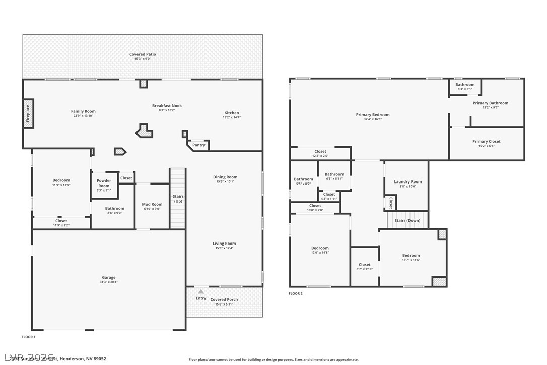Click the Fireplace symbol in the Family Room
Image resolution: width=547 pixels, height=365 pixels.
click(x=28, y=113)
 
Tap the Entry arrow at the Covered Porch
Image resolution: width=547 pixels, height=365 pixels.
click(x=201, y=291)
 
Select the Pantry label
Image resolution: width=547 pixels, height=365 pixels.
click(x=199, y=145)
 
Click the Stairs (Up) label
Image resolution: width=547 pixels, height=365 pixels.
click(x=178, y=199)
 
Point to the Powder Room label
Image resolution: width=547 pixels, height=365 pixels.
click(x=104, y=183)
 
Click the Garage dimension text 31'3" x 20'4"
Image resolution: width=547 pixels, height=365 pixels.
click(x=109, y=282)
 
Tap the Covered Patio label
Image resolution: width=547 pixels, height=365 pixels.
click(x=143, y=54)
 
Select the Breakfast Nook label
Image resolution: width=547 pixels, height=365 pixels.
click(x=167, y=106)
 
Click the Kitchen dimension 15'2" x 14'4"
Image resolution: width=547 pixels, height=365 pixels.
click(x=232, y=117)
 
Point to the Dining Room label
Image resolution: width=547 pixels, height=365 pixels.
click(x=225, y=177)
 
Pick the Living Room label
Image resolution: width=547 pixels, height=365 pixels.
click(x=224, y=244)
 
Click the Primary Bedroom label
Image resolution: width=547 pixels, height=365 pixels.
click(x=373, y=115)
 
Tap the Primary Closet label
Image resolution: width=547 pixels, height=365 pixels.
click(x=487, y=142)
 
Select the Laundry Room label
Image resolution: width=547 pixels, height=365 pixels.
click(x=408, y=181)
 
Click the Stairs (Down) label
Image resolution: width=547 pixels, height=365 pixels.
click(x=407, y=220)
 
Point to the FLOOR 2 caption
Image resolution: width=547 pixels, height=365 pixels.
click(x=296, y=293)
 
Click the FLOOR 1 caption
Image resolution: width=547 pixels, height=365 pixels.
click(x=29, y=336)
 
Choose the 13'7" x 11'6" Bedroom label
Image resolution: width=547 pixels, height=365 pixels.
click(x=411, y=256)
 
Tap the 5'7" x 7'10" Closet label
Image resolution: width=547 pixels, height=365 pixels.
click(x=365, y=265)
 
